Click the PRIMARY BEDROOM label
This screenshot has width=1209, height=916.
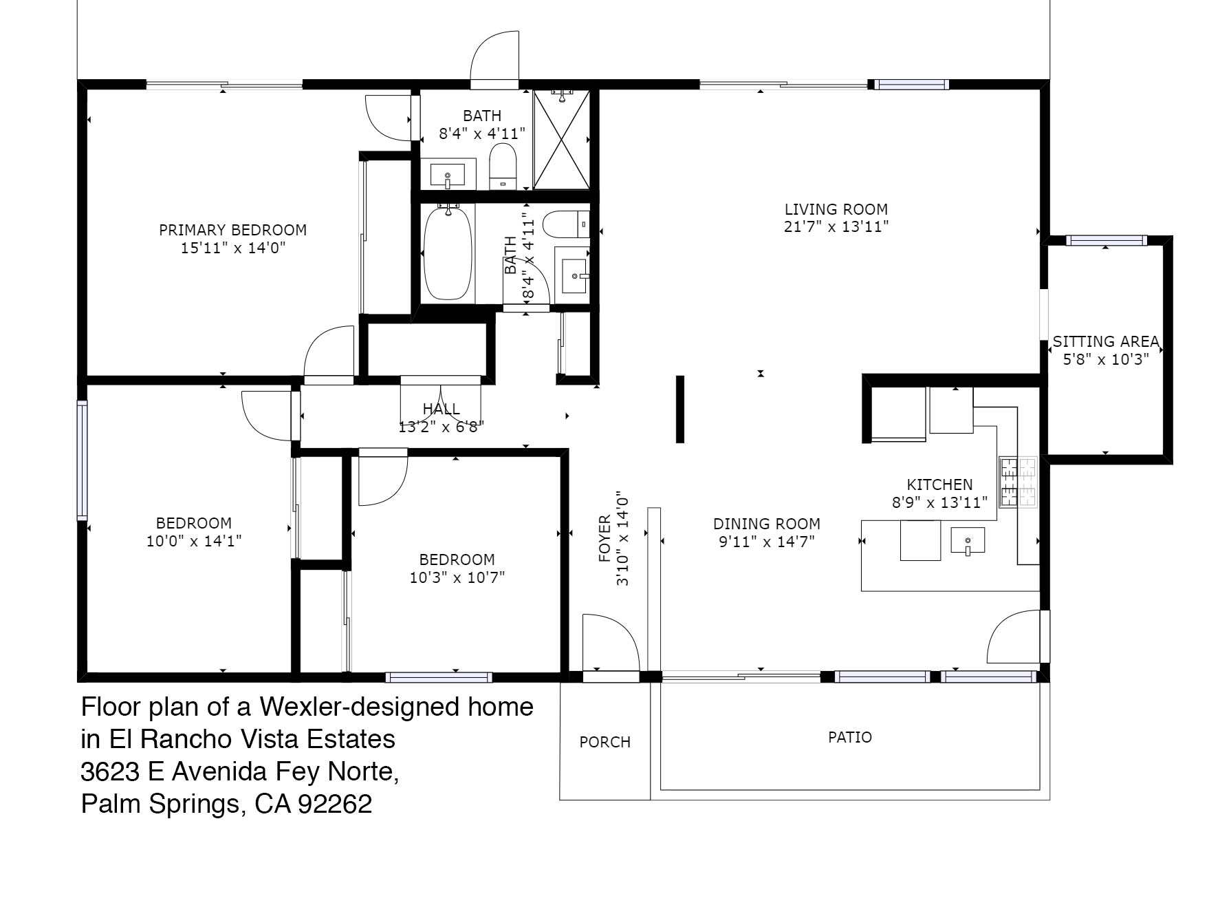[x=232, y=230]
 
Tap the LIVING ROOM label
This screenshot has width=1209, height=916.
[x=836, y=209]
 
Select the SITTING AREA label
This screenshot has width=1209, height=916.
[x=1106, y=341]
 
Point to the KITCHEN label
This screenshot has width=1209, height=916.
[x=939, y=484]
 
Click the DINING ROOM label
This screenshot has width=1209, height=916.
[x=767, y=524]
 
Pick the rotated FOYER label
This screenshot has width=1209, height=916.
[x=604, y=539]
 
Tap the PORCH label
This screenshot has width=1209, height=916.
[x=605, y=742]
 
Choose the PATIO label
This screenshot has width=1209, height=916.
[x=850, y=737]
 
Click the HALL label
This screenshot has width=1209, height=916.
[x=442, y=409]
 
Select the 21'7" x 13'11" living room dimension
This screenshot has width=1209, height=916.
[x=836, y=226]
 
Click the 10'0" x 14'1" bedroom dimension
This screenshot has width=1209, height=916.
[x=194, y=541]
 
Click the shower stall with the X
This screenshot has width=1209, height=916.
[x=562, y=140]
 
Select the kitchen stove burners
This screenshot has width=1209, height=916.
[x=1018, y=482]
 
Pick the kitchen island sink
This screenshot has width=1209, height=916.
[x=968, y=540]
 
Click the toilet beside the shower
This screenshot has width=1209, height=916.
[x=503, y=166]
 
